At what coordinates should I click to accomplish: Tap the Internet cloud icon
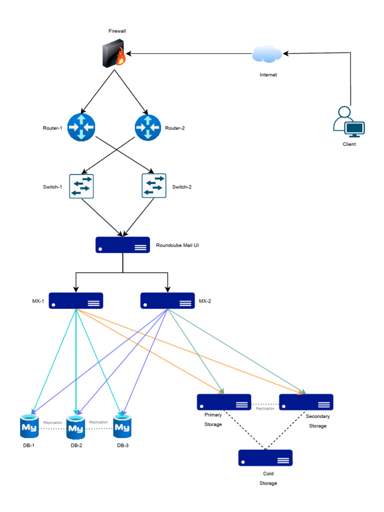pyautogui.click(x=267, y=53)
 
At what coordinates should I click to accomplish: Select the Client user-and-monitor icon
pyautogui.click(x=349, y=123)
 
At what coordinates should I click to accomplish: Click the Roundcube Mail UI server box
pyautogui.click(x=122, y=244)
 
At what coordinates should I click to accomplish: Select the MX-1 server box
pyautogui.click(x=76, y=300)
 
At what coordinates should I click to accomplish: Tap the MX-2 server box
pyautogui.click(x=167, y=300)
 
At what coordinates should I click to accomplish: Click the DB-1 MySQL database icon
pyautogui.click(x=29, y=426)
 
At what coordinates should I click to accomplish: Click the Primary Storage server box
pyautogui.click(x=223, y=402)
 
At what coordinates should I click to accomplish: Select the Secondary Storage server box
pyautogui.click(x=306, y=402)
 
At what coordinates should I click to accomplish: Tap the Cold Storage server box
pyautogui.click(x=265, y=458)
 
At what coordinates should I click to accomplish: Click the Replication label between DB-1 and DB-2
pyautogui.click(x=52, y=422)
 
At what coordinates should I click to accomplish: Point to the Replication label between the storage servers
pyautogui.click(x=265, y=408)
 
